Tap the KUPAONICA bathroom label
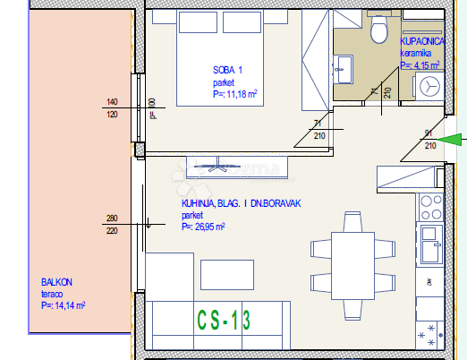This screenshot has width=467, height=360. point(419,41)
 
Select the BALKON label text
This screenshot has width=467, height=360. point(56,282)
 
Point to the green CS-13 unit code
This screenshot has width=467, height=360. point(224,317)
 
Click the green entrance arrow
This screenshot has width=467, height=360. point(455,139)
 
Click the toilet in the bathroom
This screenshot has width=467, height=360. point(376,30)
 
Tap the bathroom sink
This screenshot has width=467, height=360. point(344,66)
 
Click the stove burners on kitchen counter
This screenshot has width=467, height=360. point(429,204)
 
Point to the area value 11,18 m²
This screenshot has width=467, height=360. point(235,93)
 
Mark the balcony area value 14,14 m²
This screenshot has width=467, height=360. point(63,305)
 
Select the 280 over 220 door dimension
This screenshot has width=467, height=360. point(113,224)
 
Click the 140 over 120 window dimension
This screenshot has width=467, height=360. point(113,108)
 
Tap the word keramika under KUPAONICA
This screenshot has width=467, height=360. point(414,53)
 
